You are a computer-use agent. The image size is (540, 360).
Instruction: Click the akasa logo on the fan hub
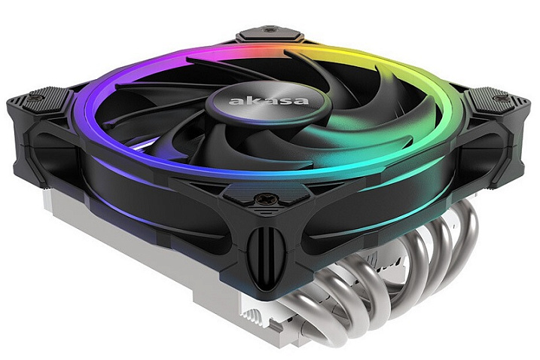pyautogui.click(x=269, y=100)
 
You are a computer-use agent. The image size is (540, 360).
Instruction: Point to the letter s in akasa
pyautogui.click(x=284, y=101)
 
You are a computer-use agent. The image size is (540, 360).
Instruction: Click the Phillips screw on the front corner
pyautogui.click(x=263, y=198)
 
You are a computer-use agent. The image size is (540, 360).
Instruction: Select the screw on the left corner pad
pyautogui.click(x=34, y=98)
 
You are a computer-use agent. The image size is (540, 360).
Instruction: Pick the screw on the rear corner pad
pyautogui.click(x=269, y=30)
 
